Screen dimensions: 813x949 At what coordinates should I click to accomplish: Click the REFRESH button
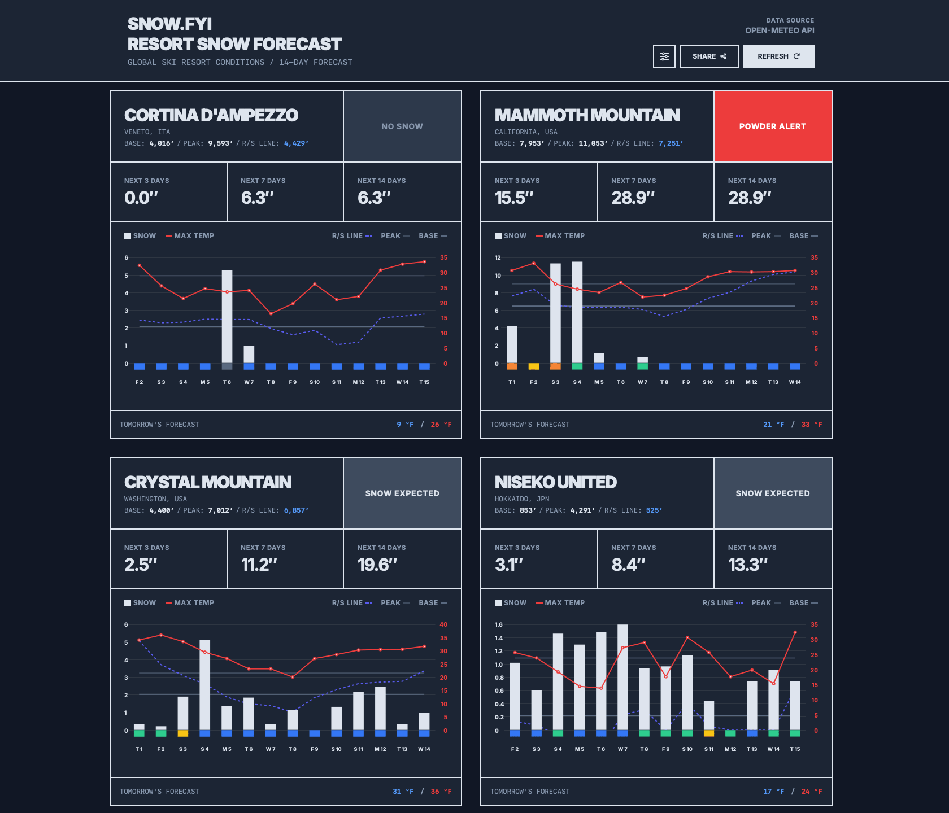(778, 56)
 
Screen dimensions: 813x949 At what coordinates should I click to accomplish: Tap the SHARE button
(709, 56)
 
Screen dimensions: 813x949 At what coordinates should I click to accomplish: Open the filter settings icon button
(664, 56)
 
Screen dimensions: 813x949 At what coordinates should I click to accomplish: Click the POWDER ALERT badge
(772, 126)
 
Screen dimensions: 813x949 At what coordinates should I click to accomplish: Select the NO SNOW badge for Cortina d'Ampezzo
(402, 126)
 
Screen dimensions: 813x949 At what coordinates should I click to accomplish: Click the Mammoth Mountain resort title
(587, 115)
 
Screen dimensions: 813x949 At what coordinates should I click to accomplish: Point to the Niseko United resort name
(555, 482)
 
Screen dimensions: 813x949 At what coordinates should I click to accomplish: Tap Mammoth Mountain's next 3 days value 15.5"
(514, 198)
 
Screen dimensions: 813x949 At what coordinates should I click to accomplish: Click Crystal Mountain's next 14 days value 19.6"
(377, 565)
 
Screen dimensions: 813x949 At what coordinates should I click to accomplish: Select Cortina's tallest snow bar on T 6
(227, 316)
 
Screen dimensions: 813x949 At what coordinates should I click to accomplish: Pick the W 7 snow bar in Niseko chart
(622, 677)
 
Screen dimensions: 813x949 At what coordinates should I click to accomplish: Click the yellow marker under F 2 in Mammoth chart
(534, 366)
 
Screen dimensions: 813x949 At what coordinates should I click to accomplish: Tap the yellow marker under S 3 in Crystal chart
(183, 733)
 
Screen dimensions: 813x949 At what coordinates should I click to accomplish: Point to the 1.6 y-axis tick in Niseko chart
(498, 624)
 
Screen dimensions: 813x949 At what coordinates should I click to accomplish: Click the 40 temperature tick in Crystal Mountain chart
(443, 624)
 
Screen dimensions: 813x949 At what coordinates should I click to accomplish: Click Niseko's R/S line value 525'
(654, 510)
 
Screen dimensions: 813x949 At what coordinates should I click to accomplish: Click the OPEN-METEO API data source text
(780, 30)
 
